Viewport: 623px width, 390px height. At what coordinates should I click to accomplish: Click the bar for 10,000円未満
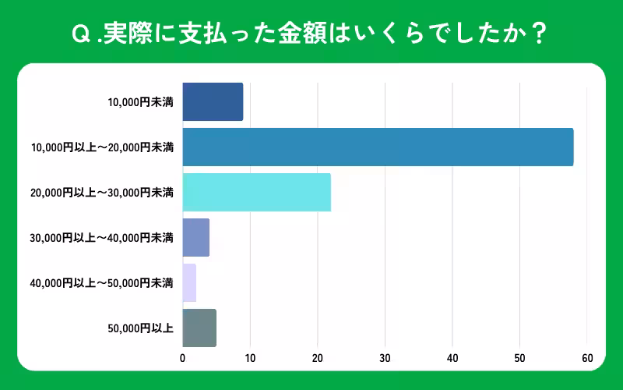pyautogui.click(x=213, y=101)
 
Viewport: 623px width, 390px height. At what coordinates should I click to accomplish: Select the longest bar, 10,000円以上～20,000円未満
pyautogui.click(x=378, y=147)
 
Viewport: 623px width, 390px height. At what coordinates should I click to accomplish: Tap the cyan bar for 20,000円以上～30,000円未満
pyautogui.click(x=256, y=192)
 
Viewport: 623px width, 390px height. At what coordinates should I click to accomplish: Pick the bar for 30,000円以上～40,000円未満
pyautogui.click(x=195, y=237)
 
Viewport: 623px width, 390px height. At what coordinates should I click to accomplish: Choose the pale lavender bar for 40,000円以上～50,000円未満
pyautogui.click(x=189, y=282)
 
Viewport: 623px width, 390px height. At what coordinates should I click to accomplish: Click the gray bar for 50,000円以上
pyautogui.click(x=199, y=328)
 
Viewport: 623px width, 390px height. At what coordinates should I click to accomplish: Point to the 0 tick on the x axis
pyautogui.click(x=182, y=358)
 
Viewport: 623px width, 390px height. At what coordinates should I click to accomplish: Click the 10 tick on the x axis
pyautogui.click(x=250, y=358)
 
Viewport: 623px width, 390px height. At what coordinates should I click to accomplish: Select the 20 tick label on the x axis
pyautogui.click(x=318, y=358)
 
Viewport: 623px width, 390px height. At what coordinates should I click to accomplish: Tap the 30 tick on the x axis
pyautogui.click(x=385, y=358)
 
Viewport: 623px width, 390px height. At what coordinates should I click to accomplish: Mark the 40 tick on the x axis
pyautogui.click(x=452, y=358)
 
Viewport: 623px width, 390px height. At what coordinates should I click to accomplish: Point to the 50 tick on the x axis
pyautogui.click(x=520, y=358)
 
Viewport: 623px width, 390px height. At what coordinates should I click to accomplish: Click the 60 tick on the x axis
pyautogui.click(x=587, y=358)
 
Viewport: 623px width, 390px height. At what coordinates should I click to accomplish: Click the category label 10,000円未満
pyautogui.click(x=140, y=101)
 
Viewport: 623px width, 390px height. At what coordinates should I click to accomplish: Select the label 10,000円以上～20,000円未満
pyautogui.click(x=102, y=147)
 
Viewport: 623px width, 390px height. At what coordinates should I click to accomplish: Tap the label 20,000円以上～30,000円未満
pyautogui.click(x=102, y=192)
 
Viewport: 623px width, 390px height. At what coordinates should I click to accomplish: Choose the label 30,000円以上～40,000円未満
pyautogui.click(x=102, y=237)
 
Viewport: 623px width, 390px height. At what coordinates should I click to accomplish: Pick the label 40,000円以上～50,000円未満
pyautogui.click(x=102, y=282)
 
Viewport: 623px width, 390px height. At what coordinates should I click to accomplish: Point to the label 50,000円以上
pyautogui.click(x=140, y=328)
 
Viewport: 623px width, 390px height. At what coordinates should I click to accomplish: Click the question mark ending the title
pyautogui.click(x=541, y=34)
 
